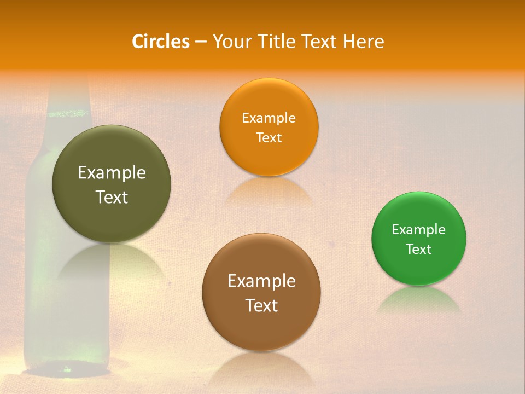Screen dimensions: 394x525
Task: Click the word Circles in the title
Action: point(160,42)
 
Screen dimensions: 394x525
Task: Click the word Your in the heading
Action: point(231,42)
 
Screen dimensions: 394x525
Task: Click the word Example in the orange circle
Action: point(269,118)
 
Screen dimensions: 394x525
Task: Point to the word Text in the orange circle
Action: point(269,138)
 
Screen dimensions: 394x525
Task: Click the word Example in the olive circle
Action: point(112,173)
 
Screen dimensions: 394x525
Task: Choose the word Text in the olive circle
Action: point(112,197)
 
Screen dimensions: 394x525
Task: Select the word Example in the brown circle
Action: point(261,281)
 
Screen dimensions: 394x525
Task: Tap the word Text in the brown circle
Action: point(261,305)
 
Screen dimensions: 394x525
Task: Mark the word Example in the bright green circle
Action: point(418,230)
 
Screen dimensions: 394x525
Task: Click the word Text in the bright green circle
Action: point(418,250)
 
